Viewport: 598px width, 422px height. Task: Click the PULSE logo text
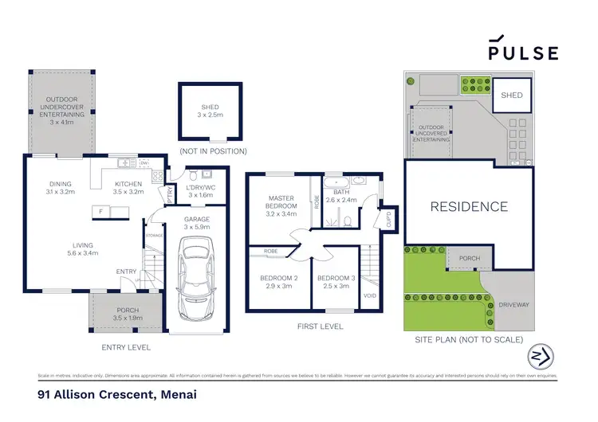(524, 53)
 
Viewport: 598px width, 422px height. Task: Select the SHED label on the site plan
(511, 96)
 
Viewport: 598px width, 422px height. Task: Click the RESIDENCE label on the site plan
(469, 207)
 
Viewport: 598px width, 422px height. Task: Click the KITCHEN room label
(128, 184)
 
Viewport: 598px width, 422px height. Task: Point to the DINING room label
(60, 184)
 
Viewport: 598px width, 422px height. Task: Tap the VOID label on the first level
(369, 295)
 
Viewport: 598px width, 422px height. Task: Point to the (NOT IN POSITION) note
(212, 150)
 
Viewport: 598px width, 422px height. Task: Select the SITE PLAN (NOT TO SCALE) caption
(469, 340)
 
